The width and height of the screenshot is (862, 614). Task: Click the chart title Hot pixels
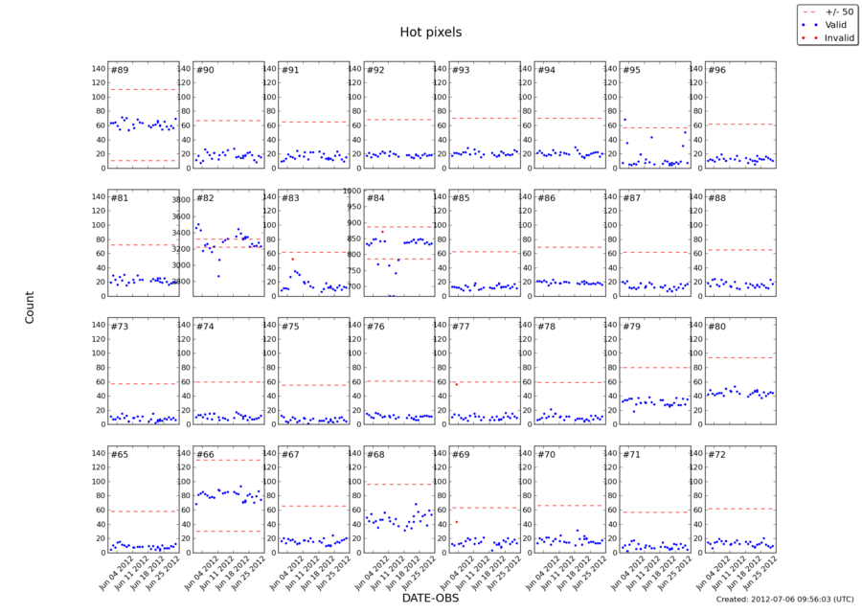pos(430,33)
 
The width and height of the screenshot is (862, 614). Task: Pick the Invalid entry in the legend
pos(835,38)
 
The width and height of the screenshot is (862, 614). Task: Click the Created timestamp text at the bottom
pos(783,600)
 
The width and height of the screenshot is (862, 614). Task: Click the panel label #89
pos(120,71)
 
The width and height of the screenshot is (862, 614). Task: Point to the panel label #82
pos(205,198)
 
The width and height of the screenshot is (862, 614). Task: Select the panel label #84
pos(375,198)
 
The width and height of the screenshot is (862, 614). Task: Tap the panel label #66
pos(205,454)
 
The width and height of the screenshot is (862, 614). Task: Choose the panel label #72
pos(716,454)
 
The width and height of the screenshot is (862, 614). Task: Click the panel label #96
pos(716,71)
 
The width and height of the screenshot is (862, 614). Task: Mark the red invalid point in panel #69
pos(457,522)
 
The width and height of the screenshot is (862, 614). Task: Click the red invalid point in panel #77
pos(457,384)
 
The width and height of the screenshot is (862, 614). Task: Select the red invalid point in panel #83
pos(292,259)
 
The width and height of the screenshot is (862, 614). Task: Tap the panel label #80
pos(716,327)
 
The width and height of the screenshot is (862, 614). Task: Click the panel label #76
pos(375,327)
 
